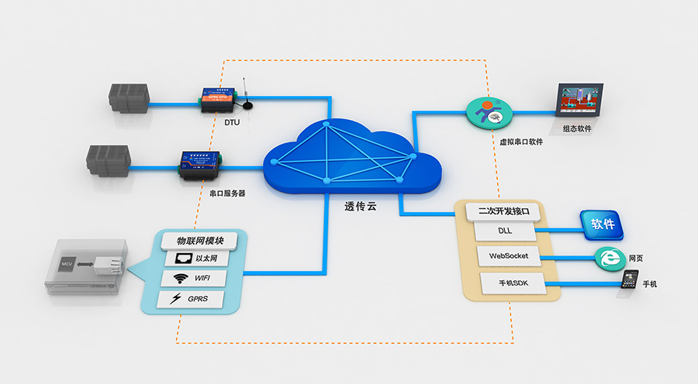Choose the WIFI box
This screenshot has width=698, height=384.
[193, 278]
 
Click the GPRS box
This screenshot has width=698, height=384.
[193, 298]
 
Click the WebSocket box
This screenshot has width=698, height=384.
[508, 255]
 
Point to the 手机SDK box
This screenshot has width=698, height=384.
[508, 282]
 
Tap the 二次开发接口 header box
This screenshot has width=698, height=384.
[503, 210]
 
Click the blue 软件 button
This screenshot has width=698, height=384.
[603, 225]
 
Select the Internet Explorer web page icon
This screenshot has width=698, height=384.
[608, 259]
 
